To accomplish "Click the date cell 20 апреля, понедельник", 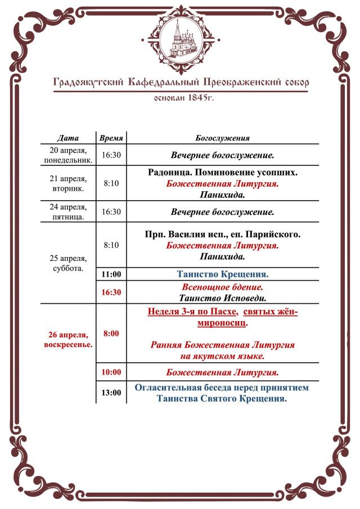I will [x=68, y=155].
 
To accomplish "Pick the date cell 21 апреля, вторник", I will [x=68, y=183].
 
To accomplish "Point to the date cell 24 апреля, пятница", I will [x=68, y=212].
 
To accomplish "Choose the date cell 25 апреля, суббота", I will [x=68, y=263].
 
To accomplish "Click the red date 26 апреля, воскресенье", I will [x=68, y=339].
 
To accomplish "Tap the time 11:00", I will [x=111, y=274].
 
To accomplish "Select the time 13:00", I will [x=111, y=393].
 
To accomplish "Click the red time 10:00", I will [x=111, y=372].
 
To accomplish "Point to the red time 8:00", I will [x=111, y=334].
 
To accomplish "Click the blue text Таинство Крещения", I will [x=222, y=274].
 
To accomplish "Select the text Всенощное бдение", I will [x=222, y=287].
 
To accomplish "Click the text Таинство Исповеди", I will [x=222, y=298].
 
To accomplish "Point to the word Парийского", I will [x=273, y=234].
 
